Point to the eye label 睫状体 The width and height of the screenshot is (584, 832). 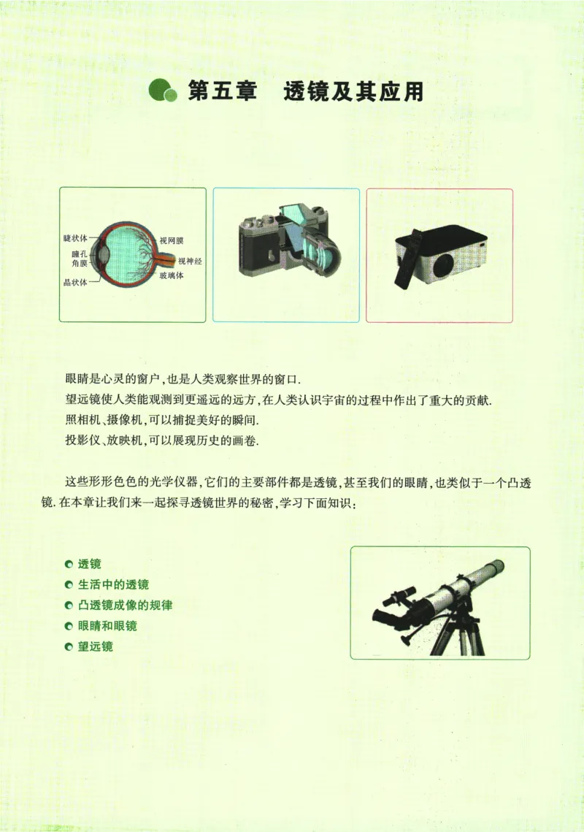coord(75,238)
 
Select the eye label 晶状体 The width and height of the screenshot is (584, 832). coord(75,281)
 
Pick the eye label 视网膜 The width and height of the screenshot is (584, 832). coord(172,240)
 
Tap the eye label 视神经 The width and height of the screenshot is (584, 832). coord(190,261)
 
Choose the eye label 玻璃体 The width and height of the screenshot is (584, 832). coord(172,277)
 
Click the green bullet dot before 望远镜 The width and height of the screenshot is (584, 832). coord(68,647)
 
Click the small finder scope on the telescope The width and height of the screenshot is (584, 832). coord(399,596)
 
